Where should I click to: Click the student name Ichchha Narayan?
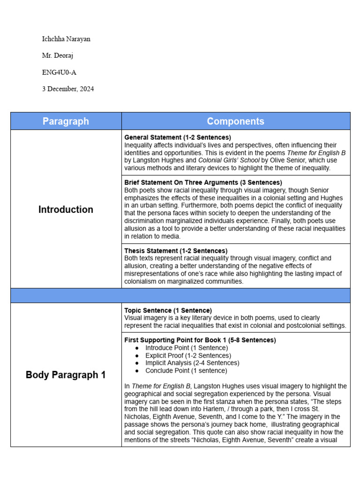(x=66, y=39)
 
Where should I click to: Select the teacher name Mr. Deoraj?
(x=58, y=56)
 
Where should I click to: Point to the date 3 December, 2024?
(x=68, y=89)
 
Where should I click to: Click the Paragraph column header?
(x=66, y=121)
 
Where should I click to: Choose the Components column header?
(x=235, y=121)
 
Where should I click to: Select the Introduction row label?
(x=66, y=210)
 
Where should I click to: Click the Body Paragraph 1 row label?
(x=66, y=375)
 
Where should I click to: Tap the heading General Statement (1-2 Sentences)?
(x=177, y=137)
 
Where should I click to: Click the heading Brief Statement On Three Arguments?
(x=203, y=182)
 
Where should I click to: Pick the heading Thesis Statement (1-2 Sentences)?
(x=176, y=251)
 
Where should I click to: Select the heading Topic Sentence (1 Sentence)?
(x=168, y=310)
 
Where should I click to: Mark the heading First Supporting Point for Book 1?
(x=200, y=340)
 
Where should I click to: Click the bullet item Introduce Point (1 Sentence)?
(x=187, y=348)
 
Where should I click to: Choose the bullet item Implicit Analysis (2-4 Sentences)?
(x=192, y=363)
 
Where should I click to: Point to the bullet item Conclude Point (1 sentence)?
(x=186, y=370)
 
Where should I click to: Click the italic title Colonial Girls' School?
(x=229, y=160)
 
